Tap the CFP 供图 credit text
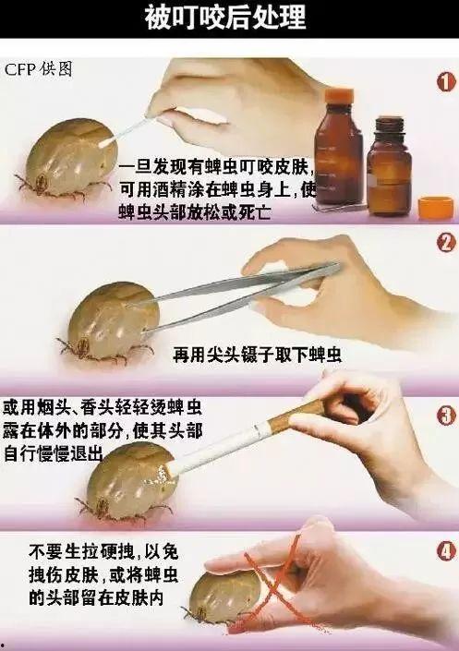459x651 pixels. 38,70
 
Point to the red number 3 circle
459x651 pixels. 445,415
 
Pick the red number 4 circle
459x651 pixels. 445,552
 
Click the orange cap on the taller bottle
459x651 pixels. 341,95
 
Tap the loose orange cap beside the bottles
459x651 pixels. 436,207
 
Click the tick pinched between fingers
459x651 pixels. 218,591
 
